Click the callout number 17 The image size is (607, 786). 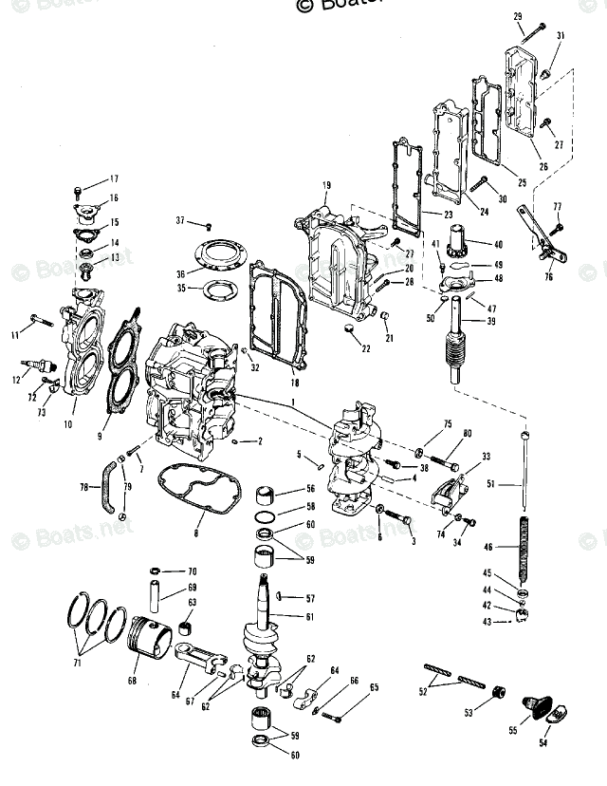(114, 178)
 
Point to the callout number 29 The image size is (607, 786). (518, 17)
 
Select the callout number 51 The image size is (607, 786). (490, 484)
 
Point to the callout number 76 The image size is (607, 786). (547, 277)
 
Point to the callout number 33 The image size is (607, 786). (486, 457)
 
